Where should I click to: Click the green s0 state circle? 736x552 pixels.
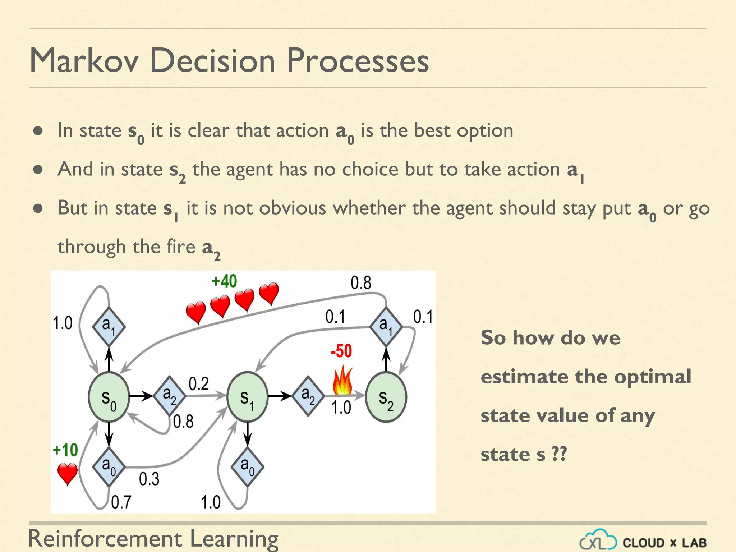coord(109,397)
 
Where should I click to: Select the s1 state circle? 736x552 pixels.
coord(247,397)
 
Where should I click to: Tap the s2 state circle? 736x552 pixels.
coord(386,397)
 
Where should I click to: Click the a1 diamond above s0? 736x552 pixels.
coord(109,327)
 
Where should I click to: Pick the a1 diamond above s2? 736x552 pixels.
coord(386,327)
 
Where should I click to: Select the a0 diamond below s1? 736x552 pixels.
coord(247,467)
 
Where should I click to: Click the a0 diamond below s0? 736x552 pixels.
coord(109,467)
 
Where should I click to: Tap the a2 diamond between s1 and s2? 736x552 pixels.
coord(308,396)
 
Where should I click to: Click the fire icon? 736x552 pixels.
coord(342,380)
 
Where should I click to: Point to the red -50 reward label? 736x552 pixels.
coord(341,351)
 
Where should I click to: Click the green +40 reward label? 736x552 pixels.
coord(224,281)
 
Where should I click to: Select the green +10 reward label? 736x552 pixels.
coord(65,450)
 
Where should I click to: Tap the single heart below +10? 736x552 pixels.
coord(68,474)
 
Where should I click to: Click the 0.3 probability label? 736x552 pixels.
coord(149,479)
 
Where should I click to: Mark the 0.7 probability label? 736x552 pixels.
coord(121,502)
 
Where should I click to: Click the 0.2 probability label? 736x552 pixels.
coord(198,384)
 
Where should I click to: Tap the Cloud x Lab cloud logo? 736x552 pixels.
coord(598,540)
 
